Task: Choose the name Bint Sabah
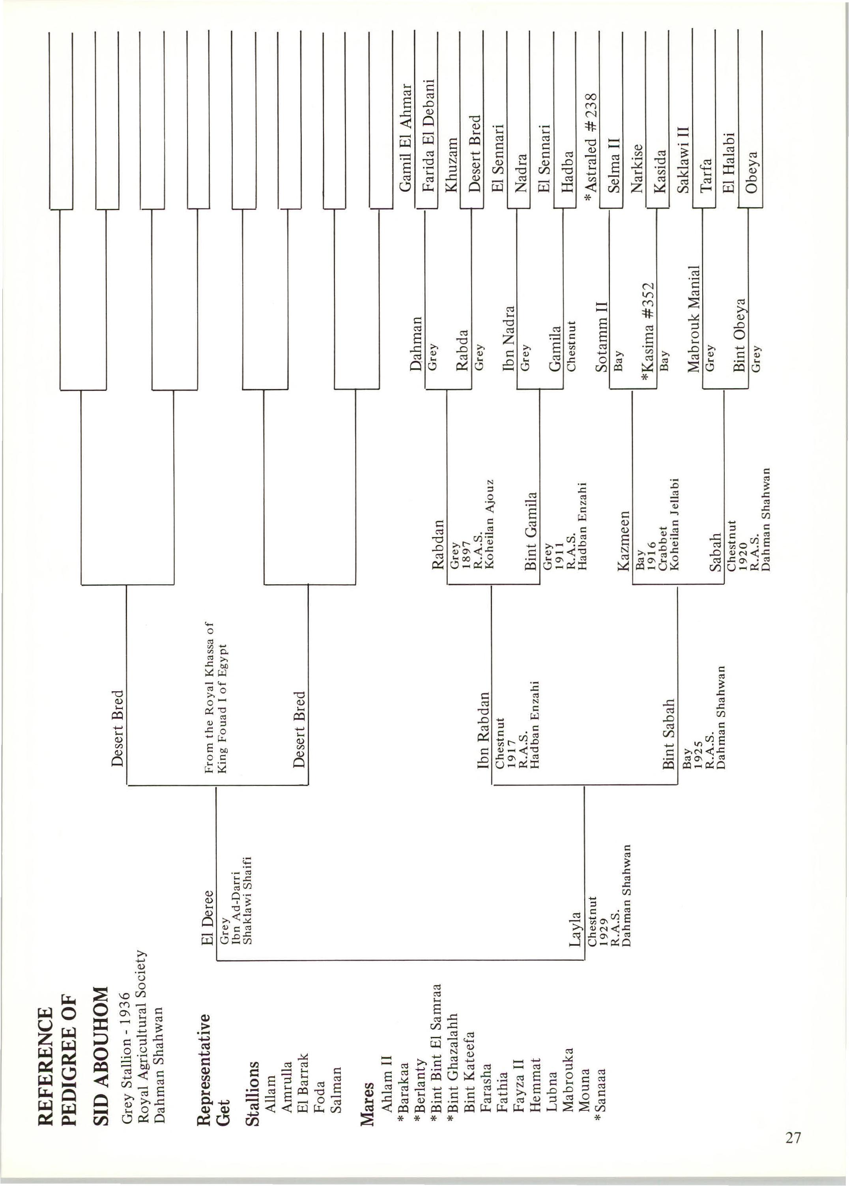[x=669, y=734]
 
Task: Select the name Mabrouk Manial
[x=693, y=319]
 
